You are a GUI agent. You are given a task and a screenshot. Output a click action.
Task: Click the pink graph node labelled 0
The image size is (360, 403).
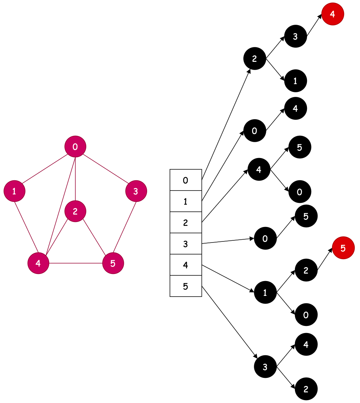tap(75, 146)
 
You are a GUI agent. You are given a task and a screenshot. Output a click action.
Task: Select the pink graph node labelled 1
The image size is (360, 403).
tap(14, 191)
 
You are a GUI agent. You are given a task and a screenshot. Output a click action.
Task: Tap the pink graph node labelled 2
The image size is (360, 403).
tap(75, 211)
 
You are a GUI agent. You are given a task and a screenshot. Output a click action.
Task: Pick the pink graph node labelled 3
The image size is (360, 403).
tap(136, 191)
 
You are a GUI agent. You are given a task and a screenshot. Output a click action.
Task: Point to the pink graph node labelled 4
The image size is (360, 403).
tap(38, 263)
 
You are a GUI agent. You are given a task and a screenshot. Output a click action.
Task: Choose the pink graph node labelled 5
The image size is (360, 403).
tap(113, 263)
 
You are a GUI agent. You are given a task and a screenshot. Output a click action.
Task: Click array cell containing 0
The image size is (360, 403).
tap(186, 180)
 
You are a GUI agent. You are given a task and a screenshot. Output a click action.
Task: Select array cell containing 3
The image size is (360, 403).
tap(186, 244)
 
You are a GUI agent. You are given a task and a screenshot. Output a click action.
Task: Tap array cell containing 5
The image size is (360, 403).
tap(186, 286)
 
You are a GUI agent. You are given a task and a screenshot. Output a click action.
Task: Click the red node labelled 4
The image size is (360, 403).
tap(332, 14)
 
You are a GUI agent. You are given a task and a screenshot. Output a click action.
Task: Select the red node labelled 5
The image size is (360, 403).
tap(343, 248)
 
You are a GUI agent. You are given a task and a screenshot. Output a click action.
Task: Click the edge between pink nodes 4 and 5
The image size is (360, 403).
tap(76, 263)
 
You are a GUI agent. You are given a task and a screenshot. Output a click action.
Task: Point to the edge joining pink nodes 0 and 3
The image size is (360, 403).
tap(105, 169)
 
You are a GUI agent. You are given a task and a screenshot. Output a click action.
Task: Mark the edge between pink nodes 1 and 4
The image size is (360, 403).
tap(26, 227)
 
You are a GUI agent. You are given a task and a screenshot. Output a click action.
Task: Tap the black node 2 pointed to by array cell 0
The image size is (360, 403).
tap(254, 59)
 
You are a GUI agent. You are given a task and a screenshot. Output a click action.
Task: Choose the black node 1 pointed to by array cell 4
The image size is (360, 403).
tap(265, 292)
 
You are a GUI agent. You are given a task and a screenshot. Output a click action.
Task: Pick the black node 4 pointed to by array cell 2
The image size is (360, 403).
tap(259, 169)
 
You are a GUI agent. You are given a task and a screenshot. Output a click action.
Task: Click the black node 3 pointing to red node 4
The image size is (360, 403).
tap(295, 36)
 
